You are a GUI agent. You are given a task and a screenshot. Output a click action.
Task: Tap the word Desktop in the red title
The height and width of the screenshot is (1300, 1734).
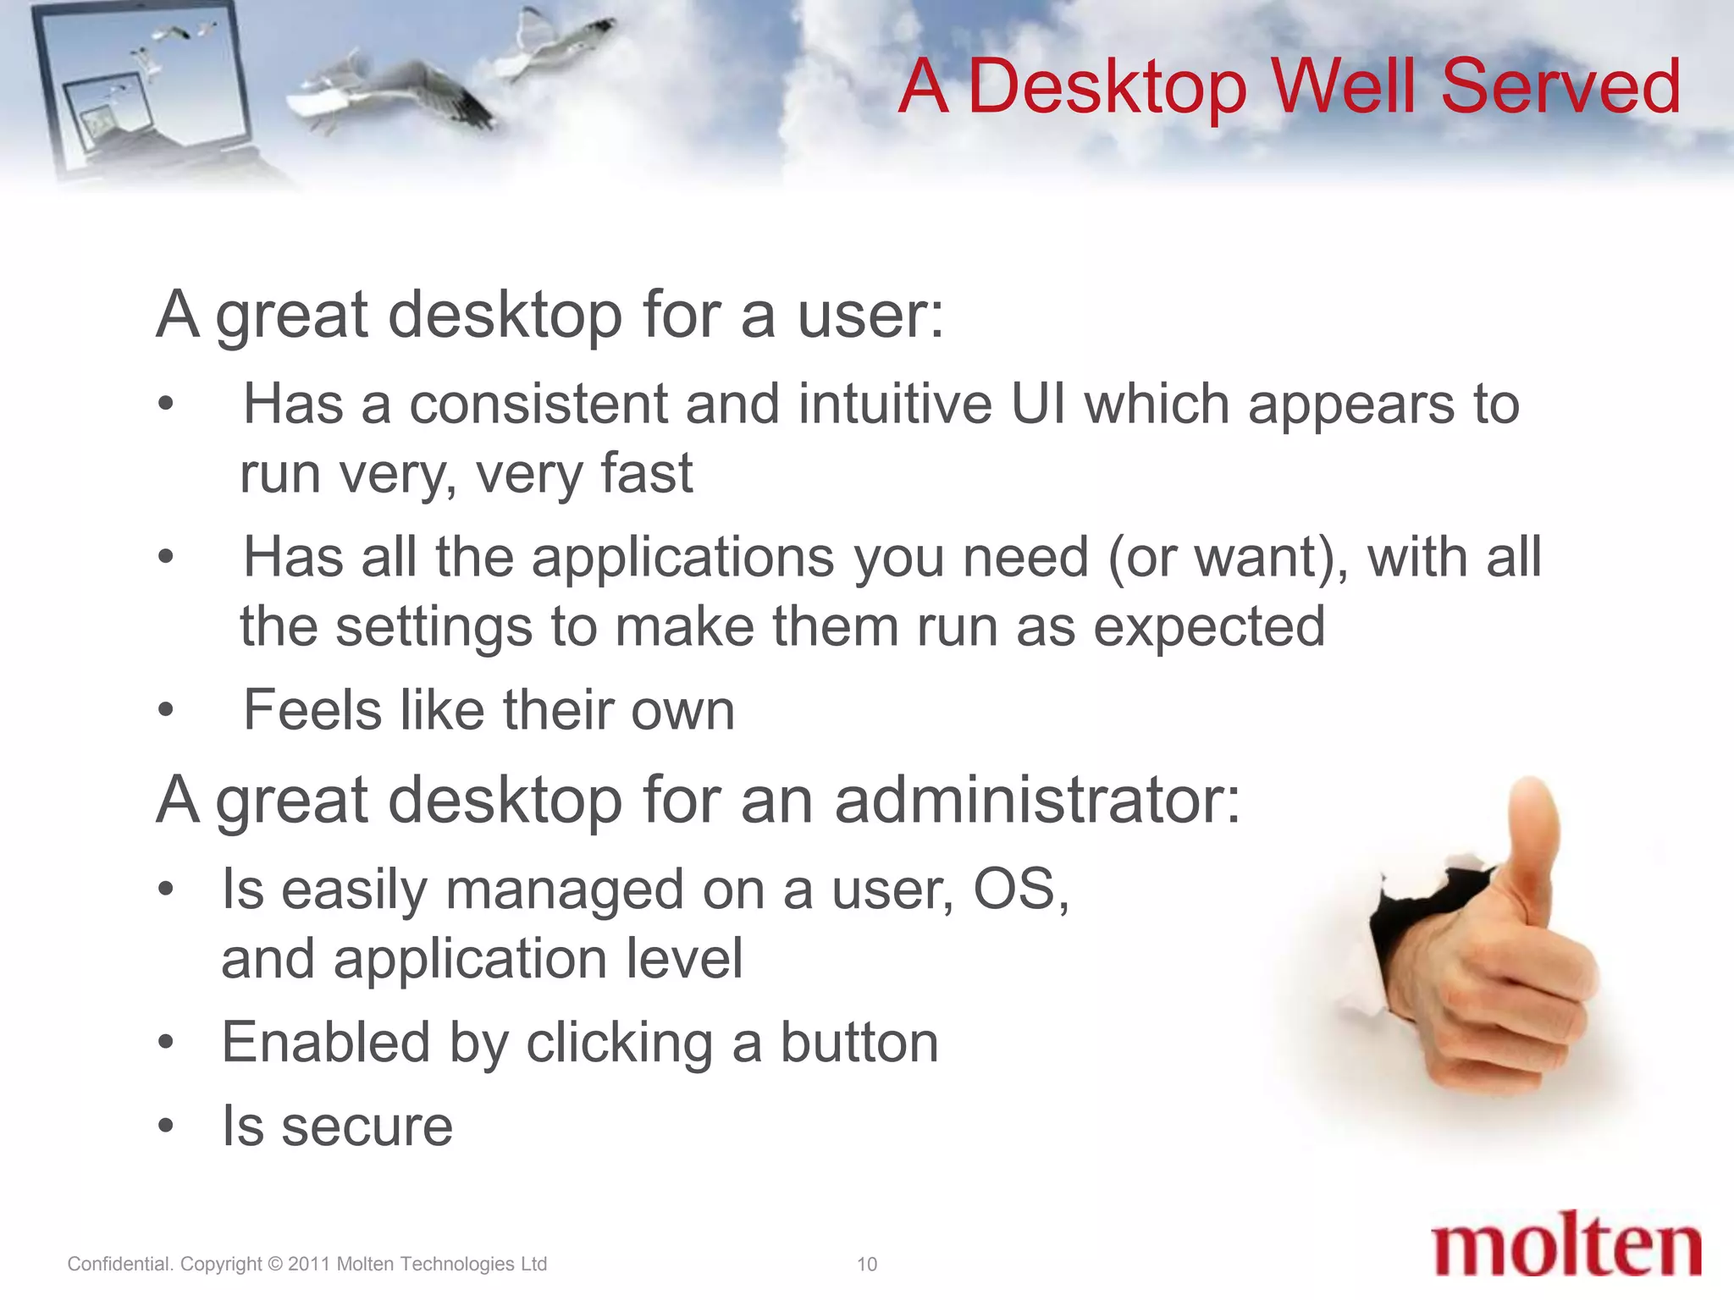(x=1106, y=88)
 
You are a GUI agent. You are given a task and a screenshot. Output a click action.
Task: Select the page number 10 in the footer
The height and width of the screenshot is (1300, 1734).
(x=866, y=1264)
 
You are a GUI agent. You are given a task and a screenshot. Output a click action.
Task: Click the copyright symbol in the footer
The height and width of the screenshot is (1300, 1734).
(x=274, y=1264)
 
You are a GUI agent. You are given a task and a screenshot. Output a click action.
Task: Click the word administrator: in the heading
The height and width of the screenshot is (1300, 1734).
(x=1037, y=800)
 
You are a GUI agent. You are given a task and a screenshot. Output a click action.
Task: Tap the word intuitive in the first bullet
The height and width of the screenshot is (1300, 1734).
(x=894, y=404)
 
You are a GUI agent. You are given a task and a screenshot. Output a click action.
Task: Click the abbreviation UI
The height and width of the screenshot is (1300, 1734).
(x=1038, y=404)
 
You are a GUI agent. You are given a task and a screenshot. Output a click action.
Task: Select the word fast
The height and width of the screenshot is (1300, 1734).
(x=647, y=473)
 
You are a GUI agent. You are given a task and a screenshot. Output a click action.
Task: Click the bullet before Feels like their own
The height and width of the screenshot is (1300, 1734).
(x=166, y=710)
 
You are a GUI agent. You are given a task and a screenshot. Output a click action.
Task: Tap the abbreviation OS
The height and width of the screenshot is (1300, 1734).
(x=1019, y=890)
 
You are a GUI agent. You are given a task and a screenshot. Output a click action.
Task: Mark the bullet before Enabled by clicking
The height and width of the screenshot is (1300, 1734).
(x=166, y=1043)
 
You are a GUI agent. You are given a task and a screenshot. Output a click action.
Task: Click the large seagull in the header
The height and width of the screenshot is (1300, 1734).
(x=398, y=93)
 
